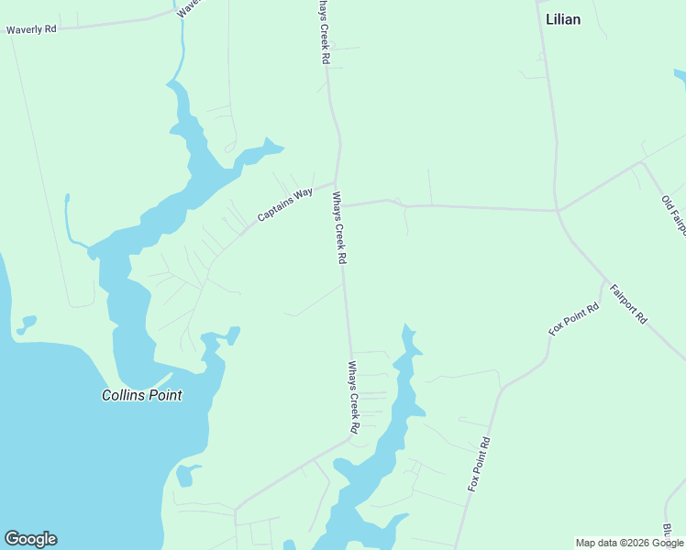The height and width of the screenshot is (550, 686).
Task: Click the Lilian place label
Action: coord(562,19)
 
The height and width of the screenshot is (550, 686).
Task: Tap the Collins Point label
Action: coord(141,396)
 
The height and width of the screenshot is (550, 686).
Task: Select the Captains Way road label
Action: coord(285,205)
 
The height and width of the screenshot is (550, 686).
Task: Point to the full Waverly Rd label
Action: coord(31,29)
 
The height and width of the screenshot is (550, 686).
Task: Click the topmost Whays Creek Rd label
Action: coord(324,32)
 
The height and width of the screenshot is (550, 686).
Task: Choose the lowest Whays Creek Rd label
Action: coord(353,397)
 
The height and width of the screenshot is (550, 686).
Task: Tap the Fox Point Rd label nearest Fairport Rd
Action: coord(574,319)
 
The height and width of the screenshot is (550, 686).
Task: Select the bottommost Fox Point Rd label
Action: coord(480,464)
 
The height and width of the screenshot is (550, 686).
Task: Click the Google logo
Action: coord(30,539)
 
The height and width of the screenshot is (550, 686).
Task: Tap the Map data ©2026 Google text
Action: coord(629,543)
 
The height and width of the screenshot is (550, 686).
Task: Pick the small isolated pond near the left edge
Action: coord(28,324)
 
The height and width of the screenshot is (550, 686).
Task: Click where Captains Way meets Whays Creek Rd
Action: coord(336,182)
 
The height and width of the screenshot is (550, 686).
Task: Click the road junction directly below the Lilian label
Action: coord(557,211)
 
